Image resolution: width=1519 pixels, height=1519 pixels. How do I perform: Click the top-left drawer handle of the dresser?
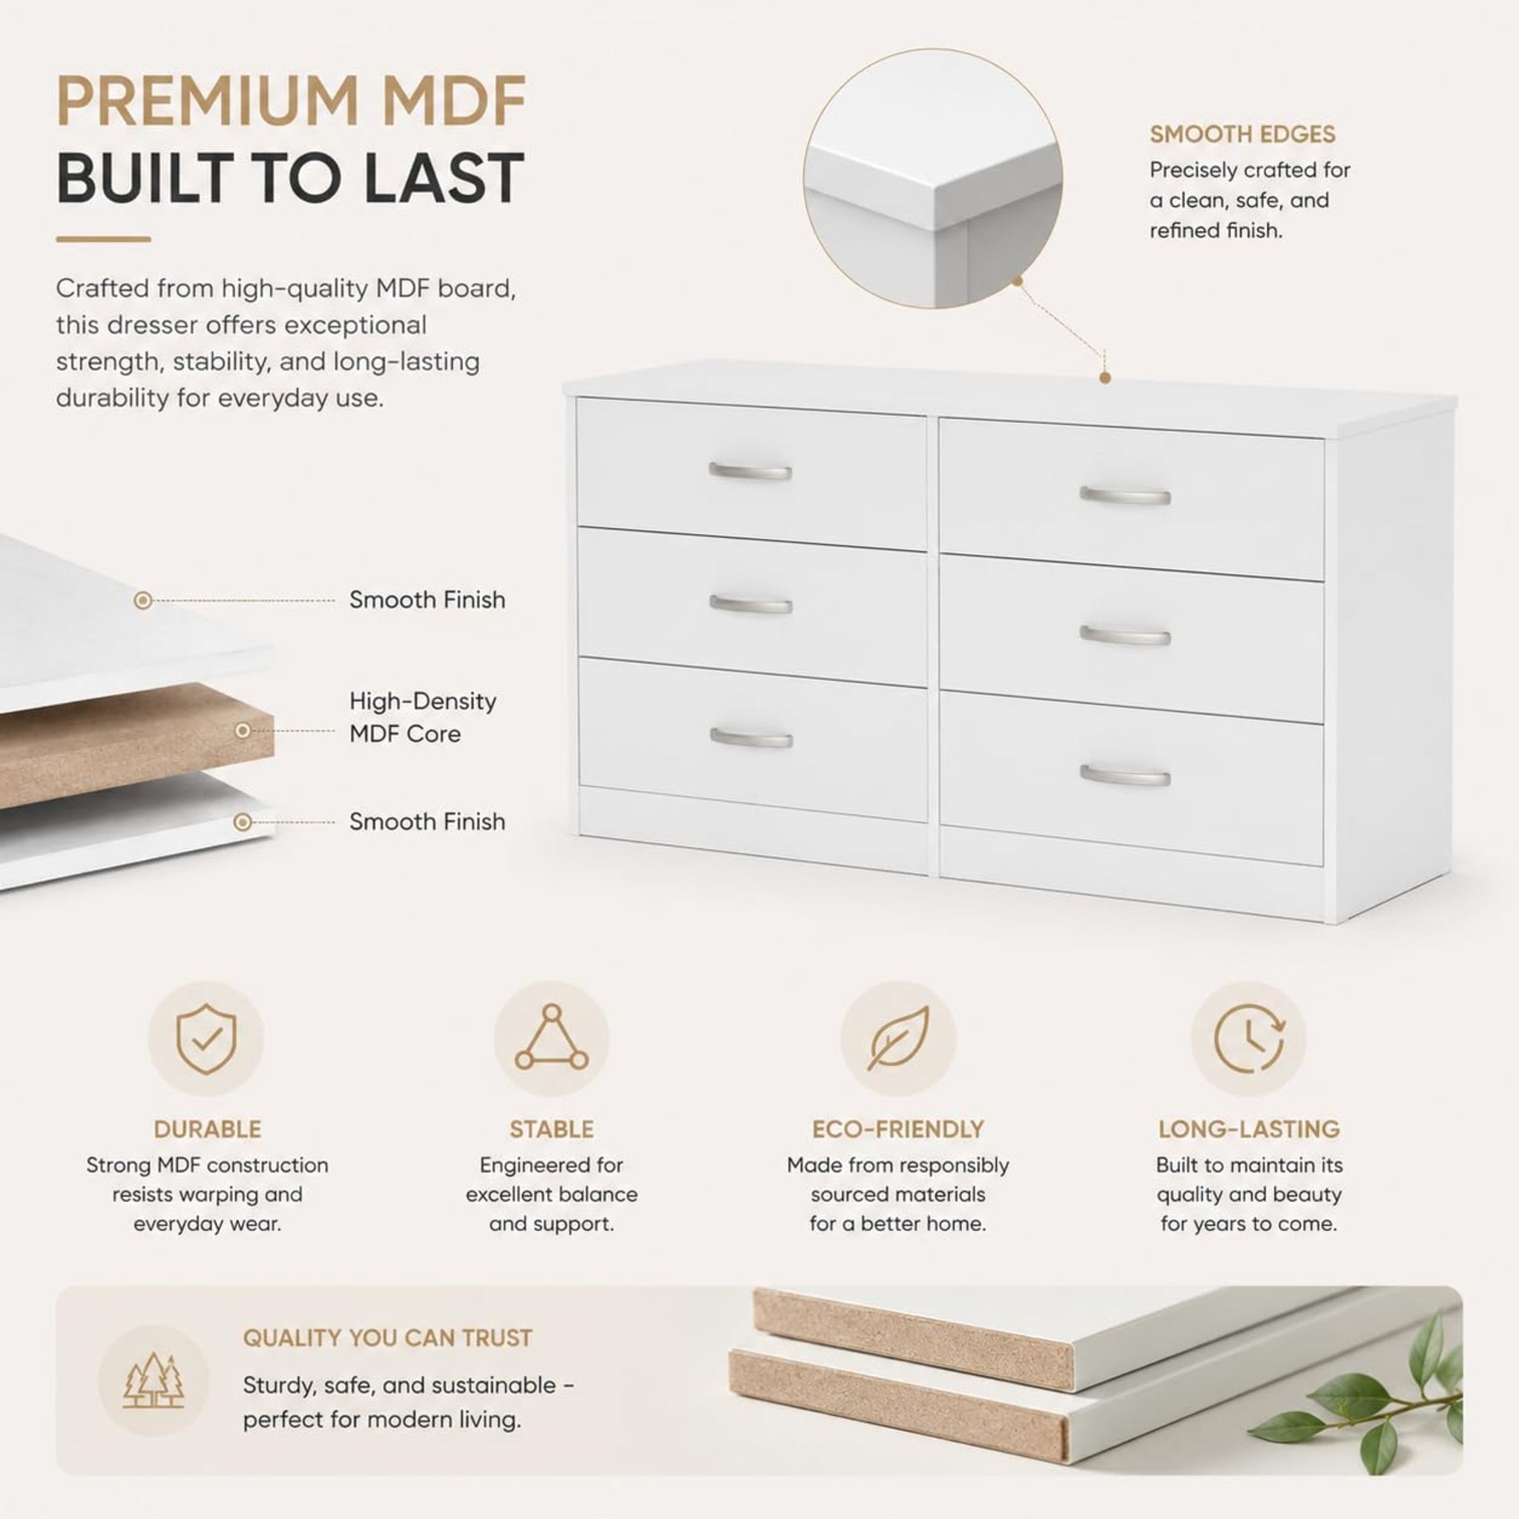[x=750, y=471]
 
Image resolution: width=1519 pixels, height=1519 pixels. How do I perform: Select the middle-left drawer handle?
[x=750, y=604]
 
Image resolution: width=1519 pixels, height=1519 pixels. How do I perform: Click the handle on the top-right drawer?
[x=1125, y=495]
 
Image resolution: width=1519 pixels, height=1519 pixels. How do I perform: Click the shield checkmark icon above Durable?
[x=206, y=1038]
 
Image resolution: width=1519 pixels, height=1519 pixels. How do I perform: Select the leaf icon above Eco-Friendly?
[x=898, y=1038]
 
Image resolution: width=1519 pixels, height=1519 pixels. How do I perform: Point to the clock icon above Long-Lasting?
[x=1248, y=1038]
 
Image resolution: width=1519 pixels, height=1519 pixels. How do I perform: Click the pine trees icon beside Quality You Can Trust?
[x=154, y=1380]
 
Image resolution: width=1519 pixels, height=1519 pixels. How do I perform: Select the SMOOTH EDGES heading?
[x=1242, y=134]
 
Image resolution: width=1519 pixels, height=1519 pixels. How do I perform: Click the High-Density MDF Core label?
[x=423, y=717]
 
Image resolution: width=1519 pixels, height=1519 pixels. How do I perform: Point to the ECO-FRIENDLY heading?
[x=898, y=1129]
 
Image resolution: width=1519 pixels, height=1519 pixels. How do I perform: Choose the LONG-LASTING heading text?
[x=1248, y=1129]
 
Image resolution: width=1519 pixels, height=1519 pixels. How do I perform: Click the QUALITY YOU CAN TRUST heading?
[x=388, y=1337]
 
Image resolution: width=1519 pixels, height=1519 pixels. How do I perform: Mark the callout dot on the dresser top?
[x=1104, y=378]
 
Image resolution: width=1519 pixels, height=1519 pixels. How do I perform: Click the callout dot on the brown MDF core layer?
[x=243, y=731]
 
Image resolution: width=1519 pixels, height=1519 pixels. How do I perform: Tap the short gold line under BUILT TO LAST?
[x=103, y=239]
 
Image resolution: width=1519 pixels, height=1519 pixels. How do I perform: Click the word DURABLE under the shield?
[x=208, y=1129]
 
